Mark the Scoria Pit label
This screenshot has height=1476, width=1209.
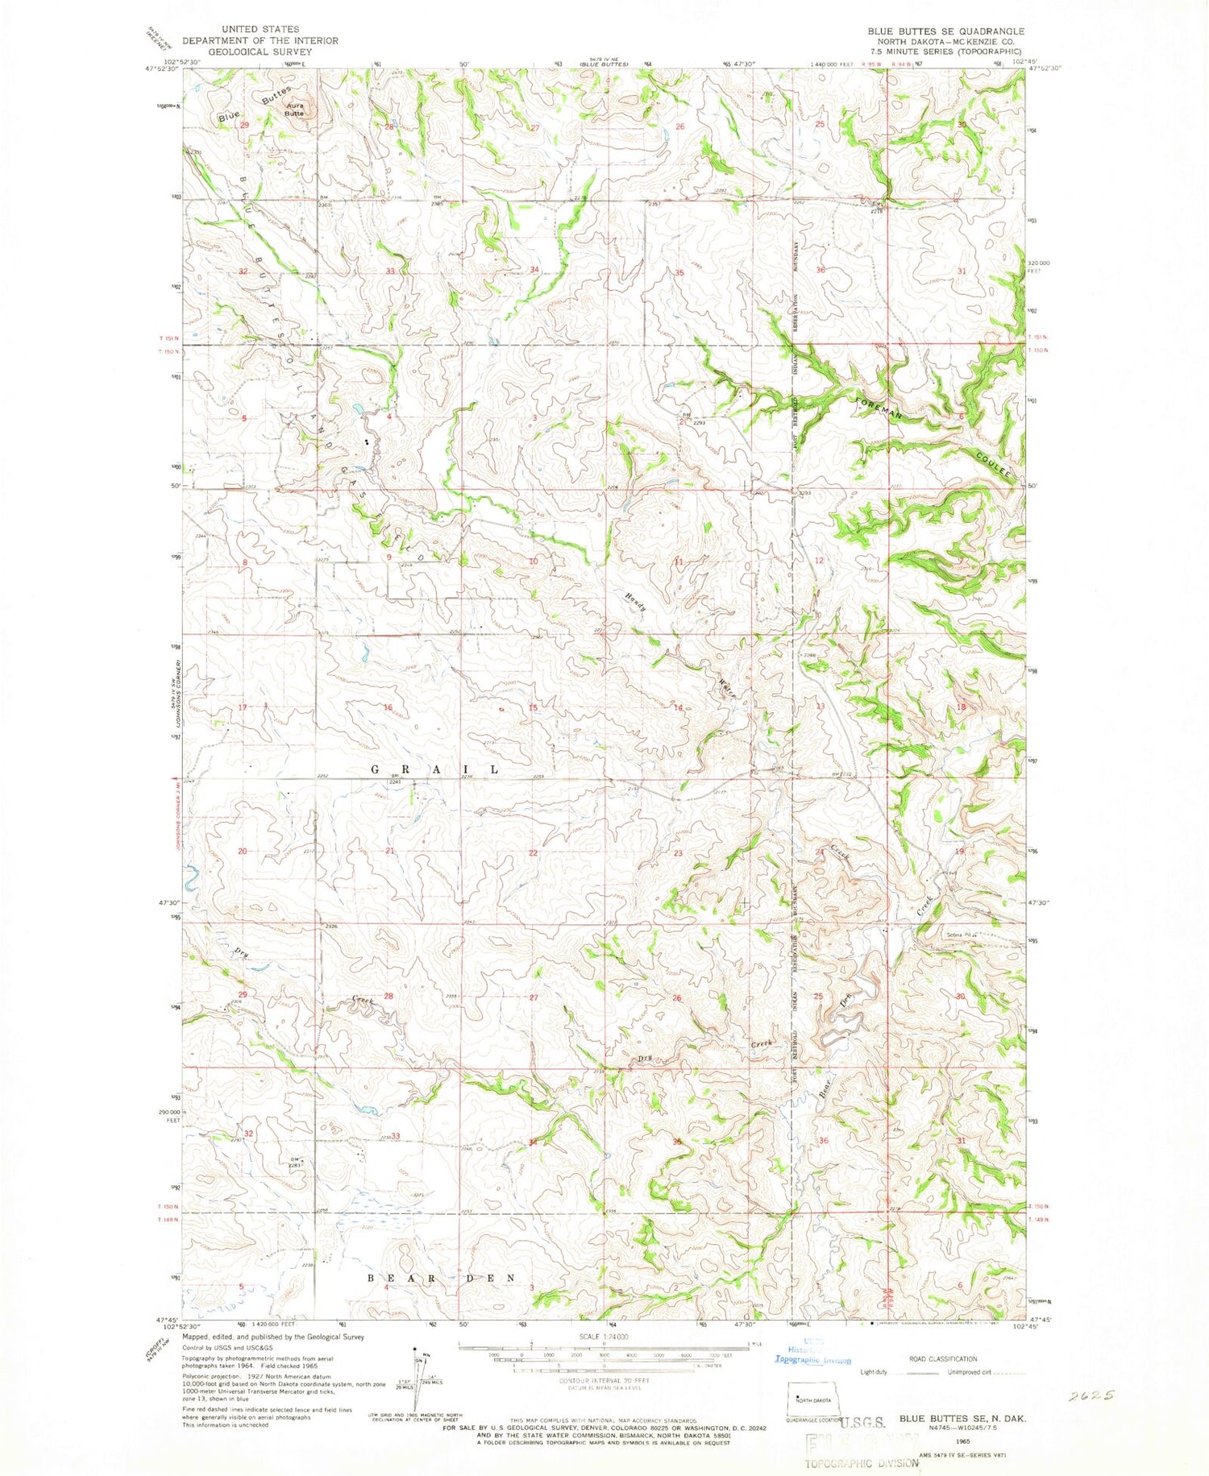[x=961, y=935]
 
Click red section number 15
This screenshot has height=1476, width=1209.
[x=533, y=707]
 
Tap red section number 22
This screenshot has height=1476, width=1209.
[x=533, y=852]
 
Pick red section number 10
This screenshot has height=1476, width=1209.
[x=534, y=561]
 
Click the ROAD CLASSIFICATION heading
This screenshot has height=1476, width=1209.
[x=942, y=1358]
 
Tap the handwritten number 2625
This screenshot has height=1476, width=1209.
[x=1091, y=1395]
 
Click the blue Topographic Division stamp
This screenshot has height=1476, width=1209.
[x=812, y=1360]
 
